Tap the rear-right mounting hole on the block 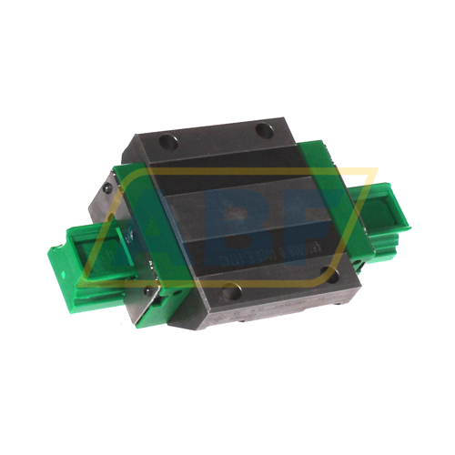point(263,129)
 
